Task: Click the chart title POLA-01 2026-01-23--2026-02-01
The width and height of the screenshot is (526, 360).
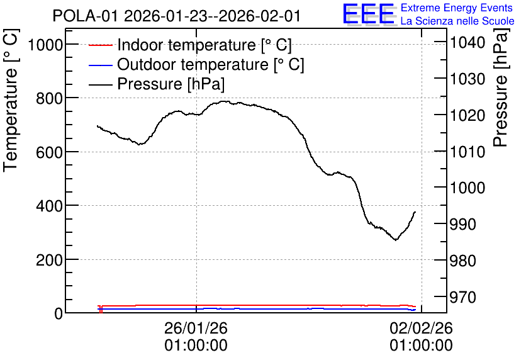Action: [176, 16]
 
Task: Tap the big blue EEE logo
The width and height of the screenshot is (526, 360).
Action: [368, 14]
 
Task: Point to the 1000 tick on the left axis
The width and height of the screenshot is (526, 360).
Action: [46, 45]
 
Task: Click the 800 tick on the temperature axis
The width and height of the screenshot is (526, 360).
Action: [49, 98]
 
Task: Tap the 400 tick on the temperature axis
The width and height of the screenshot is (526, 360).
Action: [49, 206]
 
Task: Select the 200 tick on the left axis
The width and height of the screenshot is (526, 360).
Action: [49, 260]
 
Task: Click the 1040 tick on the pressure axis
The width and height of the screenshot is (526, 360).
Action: [467, 43]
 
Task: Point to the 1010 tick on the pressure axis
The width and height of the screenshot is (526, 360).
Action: [467, 152]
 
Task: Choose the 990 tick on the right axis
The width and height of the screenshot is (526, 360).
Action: [462, 224]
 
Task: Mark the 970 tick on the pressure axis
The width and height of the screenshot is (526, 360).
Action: [462, 297]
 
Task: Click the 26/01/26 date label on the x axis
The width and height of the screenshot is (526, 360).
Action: [196, 328]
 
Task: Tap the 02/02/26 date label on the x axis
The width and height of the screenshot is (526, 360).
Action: [421, 328]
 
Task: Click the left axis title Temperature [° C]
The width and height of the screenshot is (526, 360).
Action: [11, 101]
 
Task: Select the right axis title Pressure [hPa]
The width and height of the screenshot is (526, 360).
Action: [501, 87]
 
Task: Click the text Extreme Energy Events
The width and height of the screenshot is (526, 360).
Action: [457, 8]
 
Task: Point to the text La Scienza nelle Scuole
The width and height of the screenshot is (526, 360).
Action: [457, 21]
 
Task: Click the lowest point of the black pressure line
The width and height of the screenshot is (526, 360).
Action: [396, 240]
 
